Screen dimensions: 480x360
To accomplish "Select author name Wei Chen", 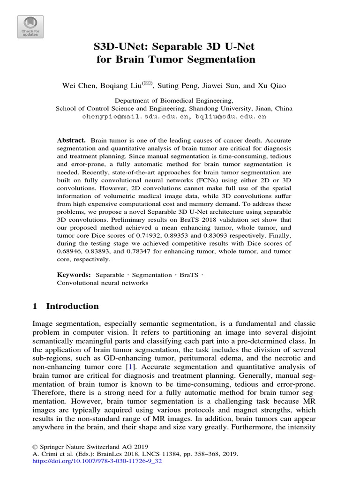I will click(x=77, y=85).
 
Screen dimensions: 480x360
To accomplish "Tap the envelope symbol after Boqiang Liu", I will click(x=148, y=83).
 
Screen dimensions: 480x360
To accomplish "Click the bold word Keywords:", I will click(x=74, y=275).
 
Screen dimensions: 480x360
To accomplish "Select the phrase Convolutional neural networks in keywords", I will click(x=102, y=283).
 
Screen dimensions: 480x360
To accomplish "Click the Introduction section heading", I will click(x=72, y=306).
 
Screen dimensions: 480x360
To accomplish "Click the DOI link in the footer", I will click(x=96, y=461).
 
